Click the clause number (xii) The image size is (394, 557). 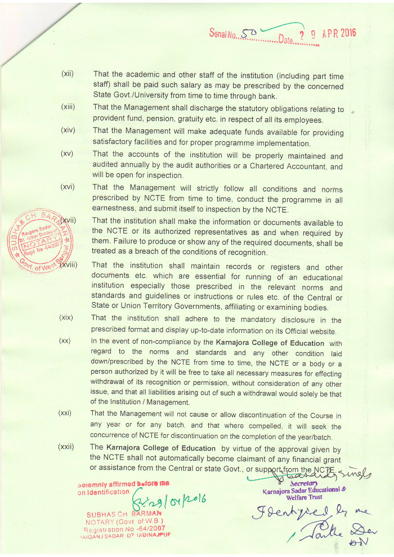click(68, 74)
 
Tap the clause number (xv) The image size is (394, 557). click(68, 154)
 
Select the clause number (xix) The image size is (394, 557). click(66, 318)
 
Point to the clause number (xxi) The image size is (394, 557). click(65, 414)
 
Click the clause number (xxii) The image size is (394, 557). click(66, 447)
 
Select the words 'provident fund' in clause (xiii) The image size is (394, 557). click(119, 120)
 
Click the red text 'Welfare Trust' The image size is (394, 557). click(305, 497)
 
